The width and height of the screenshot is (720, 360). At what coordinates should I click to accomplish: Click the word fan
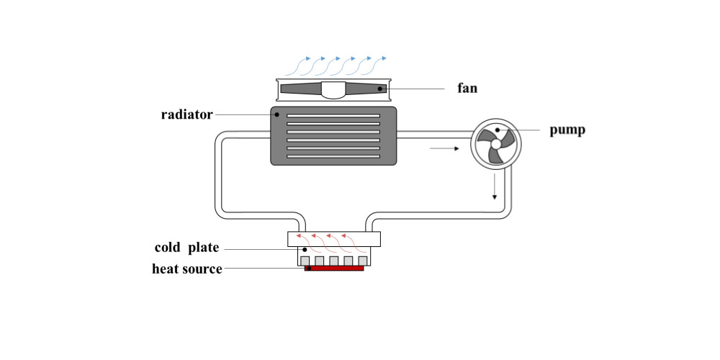click(x=467, y=89)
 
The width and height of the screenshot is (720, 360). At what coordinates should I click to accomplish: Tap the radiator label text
click(x=186, y=114)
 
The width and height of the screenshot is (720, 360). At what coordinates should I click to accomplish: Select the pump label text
click(x=567, y=130)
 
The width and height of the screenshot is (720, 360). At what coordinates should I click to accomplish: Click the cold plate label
click(x=186, y=248)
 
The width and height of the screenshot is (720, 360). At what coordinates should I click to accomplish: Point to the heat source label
click(x=186, y=269)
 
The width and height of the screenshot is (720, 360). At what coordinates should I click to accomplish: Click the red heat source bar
click(x=334, y=268)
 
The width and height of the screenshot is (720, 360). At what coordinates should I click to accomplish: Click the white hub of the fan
click(x=333, y=90)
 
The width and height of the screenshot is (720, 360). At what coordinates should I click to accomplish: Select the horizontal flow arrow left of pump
click(x=444, y=149)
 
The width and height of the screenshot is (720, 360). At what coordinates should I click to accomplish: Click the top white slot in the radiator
click(x=333, y=116)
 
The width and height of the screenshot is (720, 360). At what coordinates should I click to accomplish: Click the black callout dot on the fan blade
click(x=380, y=89)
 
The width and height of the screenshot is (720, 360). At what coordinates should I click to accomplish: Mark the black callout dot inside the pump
click(x=498, y=130)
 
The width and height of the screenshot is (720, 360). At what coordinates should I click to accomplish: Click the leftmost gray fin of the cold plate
click(x=305, y=261)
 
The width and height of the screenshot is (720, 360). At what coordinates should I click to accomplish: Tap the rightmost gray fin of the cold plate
click(x=364, y=261)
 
